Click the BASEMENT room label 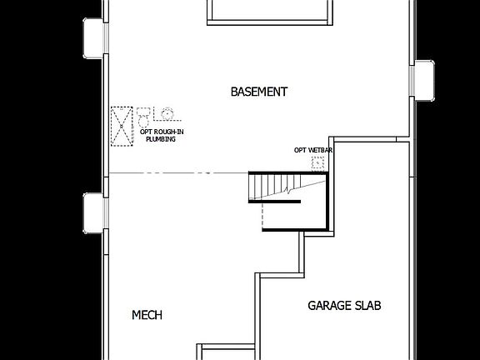(259, 92)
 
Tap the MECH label (147, 315)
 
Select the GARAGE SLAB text (344, 306)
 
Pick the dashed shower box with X (122, 125)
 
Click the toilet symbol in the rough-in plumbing (144, 114)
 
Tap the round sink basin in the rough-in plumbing (167, 113)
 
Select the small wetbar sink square (317, 164)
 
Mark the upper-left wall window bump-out (93, 36)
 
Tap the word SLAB (368, 306)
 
